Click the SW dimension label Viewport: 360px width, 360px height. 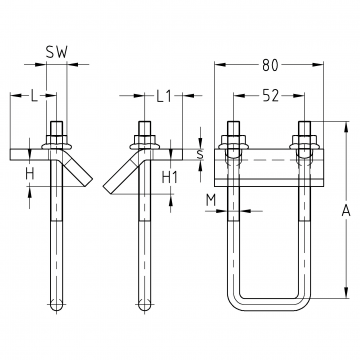pos(57,52)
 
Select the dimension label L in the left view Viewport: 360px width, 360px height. pos(34,96)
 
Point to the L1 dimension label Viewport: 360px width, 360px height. pos(164,96)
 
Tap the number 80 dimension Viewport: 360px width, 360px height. pos(270,65)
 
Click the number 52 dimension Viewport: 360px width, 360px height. pos(270,96)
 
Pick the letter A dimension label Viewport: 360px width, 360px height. pos(346,210)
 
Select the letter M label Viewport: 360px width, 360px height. pos(211,200)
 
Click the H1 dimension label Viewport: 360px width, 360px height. pos(170,178)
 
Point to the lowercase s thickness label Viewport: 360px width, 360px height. pos(200,154)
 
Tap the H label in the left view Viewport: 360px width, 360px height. pos(30,174)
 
